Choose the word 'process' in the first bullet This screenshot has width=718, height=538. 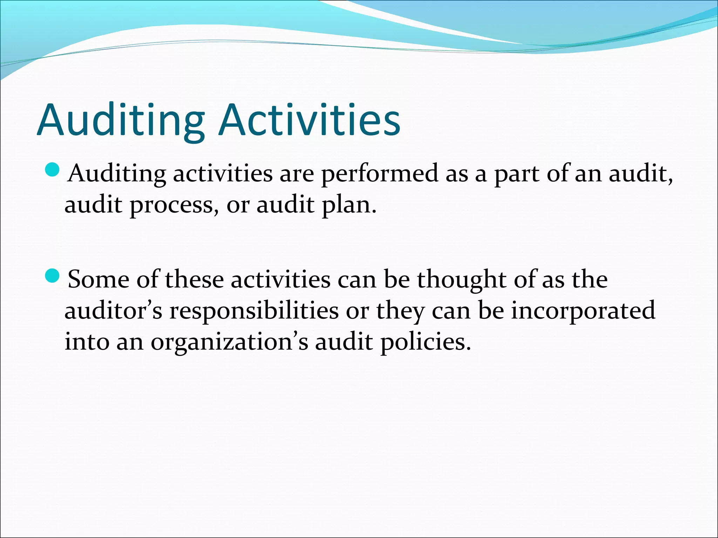click(171, 205)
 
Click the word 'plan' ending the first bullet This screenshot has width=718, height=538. click(349, 205)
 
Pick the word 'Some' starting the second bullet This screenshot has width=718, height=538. click(99, 280)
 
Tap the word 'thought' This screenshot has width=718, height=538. click(461, 280)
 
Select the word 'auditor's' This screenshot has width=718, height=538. click(113, 311)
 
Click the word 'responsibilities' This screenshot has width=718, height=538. click(254, 311)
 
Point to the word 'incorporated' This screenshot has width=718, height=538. click(583, 311)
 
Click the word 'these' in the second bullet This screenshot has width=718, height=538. click(194, 280)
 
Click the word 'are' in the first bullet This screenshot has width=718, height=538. click(296, 174)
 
